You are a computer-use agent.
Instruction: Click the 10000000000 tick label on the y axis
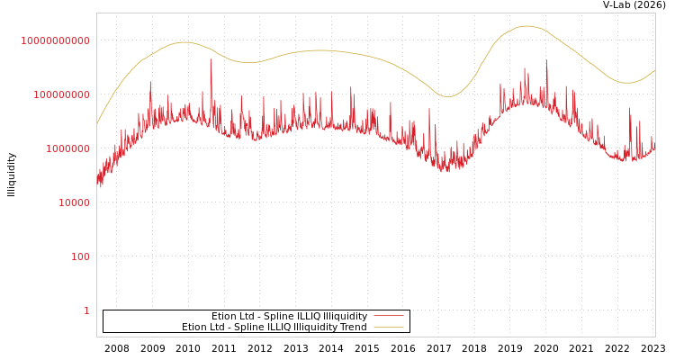pos(55,40)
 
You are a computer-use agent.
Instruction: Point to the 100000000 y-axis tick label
pos(61,94)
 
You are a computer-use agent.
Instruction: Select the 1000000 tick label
pos(67,148)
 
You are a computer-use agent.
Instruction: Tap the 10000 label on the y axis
pos(73,202)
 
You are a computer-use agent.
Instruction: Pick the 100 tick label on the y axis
pos(81,256)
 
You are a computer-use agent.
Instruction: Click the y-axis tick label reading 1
pos(86,310)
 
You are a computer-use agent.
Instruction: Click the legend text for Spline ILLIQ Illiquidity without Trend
pos(289,317)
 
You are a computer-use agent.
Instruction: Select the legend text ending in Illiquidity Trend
pos(274,328)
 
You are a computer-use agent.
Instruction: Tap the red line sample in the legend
pos(388,317)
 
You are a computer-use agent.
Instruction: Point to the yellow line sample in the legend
pos(388,328)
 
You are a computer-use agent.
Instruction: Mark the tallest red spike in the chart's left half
pos(211,59)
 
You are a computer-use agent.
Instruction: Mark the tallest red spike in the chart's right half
pos(546,61)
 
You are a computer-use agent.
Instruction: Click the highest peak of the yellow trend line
pos(526,26)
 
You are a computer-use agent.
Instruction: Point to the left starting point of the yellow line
pos(97,124)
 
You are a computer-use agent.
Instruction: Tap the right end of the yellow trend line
pos(654,70)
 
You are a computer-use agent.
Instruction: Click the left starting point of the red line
pos(97,180)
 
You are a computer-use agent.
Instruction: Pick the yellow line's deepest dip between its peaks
pos(447,96)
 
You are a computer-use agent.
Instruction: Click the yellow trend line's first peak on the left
pos(184,42)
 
